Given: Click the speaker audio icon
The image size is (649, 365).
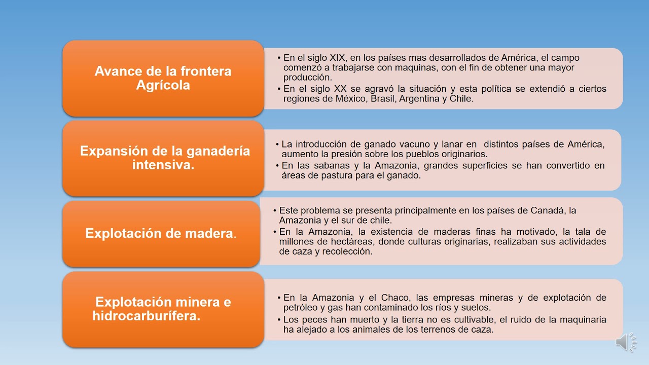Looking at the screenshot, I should point(626,342).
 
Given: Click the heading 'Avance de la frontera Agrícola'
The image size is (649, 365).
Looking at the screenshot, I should point(163,78).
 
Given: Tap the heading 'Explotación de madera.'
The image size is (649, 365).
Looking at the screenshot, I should point(161,233).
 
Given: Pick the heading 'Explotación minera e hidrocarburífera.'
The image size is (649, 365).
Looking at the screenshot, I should point(162,309).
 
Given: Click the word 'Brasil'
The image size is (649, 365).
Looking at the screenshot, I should point(383,99).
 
